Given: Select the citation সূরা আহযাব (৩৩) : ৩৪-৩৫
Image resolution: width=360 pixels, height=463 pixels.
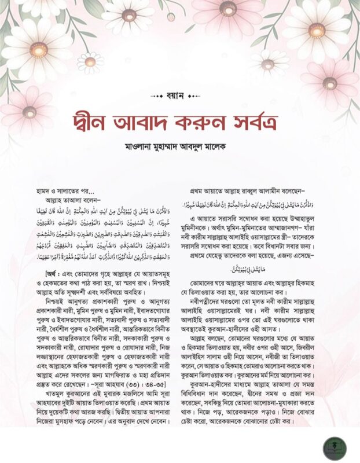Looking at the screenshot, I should tap(137, 373).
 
